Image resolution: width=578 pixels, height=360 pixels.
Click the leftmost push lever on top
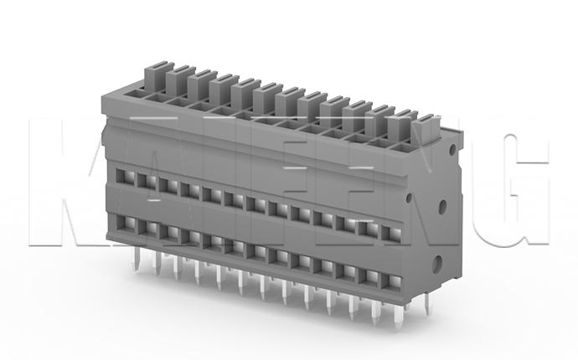pos(156,77)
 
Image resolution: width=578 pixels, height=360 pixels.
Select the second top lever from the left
pos(178,81)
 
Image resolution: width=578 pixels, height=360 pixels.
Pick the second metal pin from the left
pos(155,266)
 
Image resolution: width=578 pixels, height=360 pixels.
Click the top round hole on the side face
pos(453,149)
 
